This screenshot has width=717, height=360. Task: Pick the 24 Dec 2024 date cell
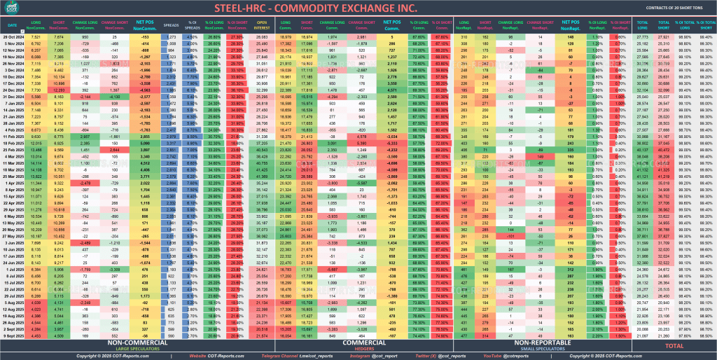13,90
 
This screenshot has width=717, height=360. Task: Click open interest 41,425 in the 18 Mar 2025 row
262,169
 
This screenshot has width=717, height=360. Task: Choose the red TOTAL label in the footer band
674,345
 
